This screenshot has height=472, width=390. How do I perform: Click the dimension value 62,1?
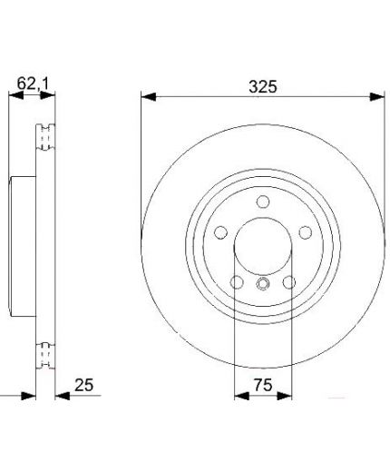click(33, 84)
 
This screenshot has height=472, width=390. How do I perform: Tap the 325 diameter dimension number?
click(263, 87)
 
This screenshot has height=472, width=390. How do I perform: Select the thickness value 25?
click(84, 385)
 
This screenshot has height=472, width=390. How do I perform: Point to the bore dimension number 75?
click(263, 385)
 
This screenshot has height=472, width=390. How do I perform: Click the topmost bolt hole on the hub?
click(263, 202)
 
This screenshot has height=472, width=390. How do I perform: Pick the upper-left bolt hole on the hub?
click(220, 232)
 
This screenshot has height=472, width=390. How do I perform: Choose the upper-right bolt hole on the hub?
click(306, 232)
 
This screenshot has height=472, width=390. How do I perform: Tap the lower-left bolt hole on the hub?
click(237, 282)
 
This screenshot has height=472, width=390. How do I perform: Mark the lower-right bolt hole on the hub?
click(289, 282)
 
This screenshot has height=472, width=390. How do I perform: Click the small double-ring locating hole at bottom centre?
click(262, 283)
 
